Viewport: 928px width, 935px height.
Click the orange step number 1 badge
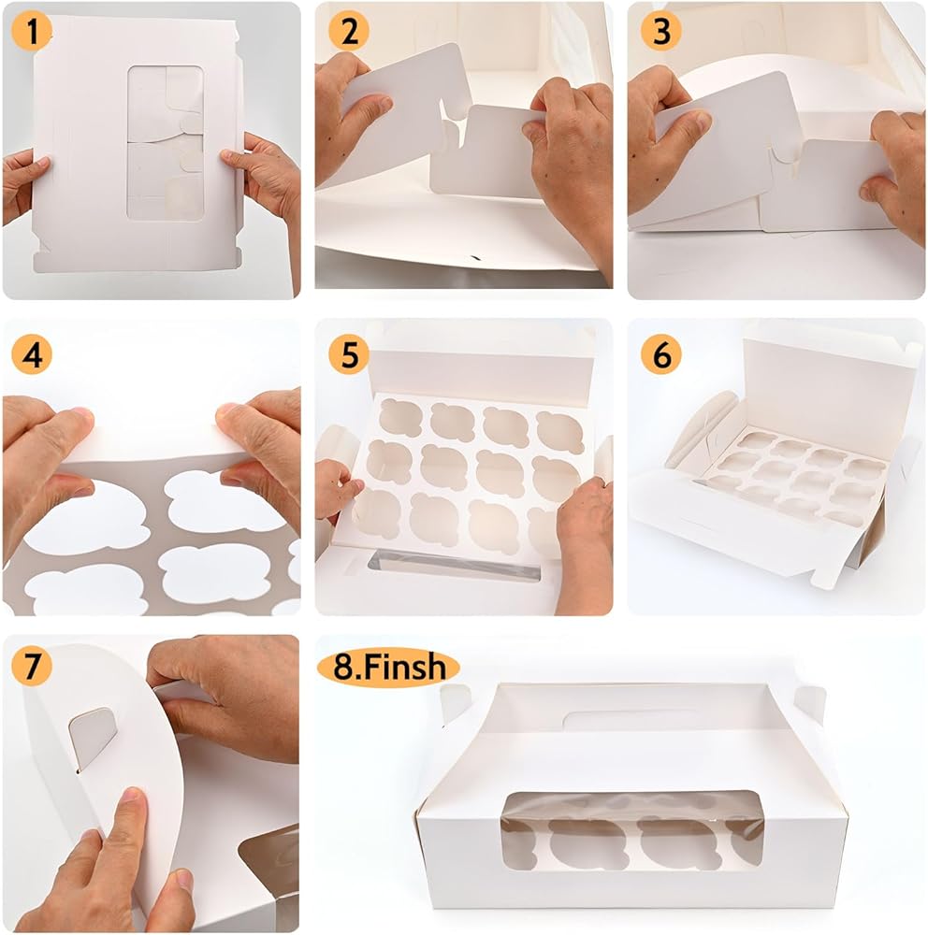point(31,31)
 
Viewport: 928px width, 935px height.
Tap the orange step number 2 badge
point(349,31)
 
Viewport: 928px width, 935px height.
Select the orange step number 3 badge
point(660,31)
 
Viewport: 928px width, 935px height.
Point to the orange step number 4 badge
point(31,354)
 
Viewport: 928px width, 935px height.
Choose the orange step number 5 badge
point(349,354)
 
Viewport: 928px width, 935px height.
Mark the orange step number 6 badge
point(660,354)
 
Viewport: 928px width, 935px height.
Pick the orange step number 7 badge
point(31,666)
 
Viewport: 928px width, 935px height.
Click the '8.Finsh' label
point(388,668)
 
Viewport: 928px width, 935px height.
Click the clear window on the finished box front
point(632,830)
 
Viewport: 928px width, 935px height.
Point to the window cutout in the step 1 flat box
point(166,143)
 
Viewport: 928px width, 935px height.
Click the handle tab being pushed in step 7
point(93,738)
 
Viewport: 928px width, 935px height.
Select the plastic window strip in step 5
point(454,566)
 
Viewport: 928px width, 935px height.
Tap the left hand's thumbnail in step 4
point(80,414)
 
